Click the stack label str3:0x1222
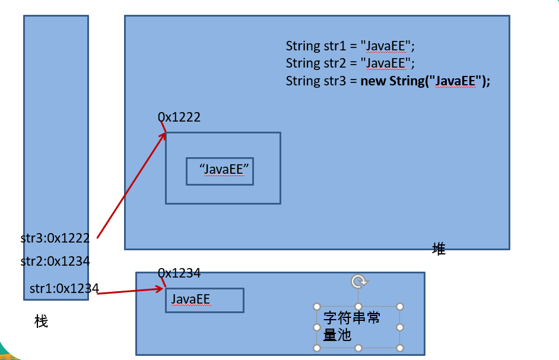(x=55, y=238)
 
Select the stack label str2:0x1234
(x=55, y=261)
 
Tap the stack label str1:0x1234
(x=64, y=289)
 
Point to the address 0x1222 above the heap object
(x=179, y=117)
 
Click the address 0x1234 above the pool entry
(x=179, y=273)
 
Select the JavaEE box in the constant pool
(x=204, y=300)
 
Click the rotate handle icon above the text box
(x=358, y=281)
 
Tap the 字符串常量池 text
(x=351, y=326)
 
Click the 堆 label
(x=439, y=249)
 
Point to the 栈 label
(x=41, y=322)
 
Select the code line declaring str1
(x=350, y=46)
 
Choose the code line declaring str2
(x=350, y=63)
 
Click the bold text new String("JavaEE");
(x=425, y=81)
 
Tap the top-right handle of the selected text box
(x=400, y=307)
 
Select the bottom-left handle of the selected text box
(x=317, y=348)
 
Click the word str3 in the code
(x=334, y=81)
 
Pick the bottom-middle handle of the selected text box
(x=358, y=348)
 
